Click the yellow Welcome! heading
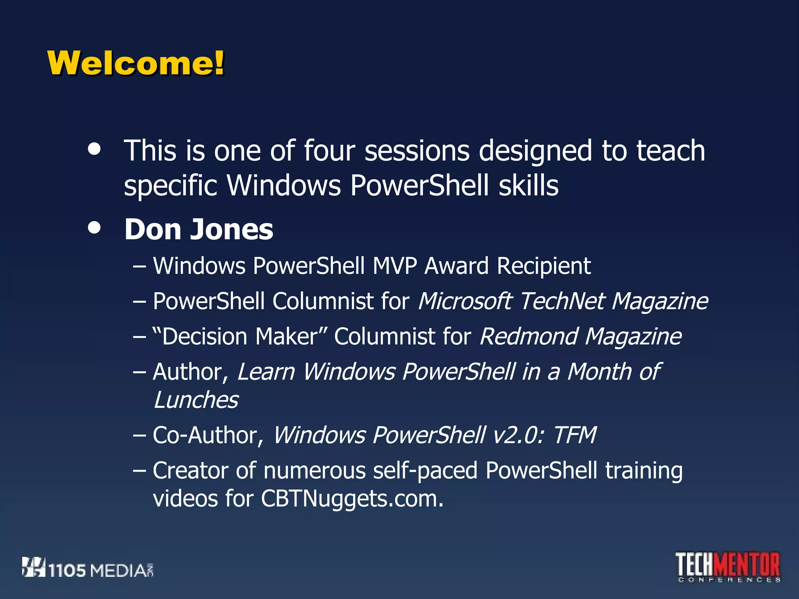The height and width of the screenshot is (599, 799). pyautogui.click(x=136, y=63)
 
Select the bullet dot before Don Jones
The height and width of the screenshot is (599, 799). pyautogui.click(x=94, y=228)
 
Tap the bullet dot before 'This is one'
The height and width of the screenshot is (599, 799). pyautogui.click(x=94, y=149)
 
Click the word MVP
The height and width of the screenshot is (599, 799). pyautogui.click(x=394, y=266)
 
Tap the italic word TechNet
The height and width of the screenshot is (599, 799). pyautogui.click(x=562, y=301)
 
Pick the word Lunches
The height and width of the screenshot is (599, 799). pyautogui.click(x=196, y=400)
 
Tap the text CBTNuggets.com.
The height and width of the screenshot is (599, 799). pyautogui.click(x=352, y=499)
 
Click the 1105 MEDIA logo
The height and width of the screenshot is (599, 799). pyautogui.click(x=88, y=568)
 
